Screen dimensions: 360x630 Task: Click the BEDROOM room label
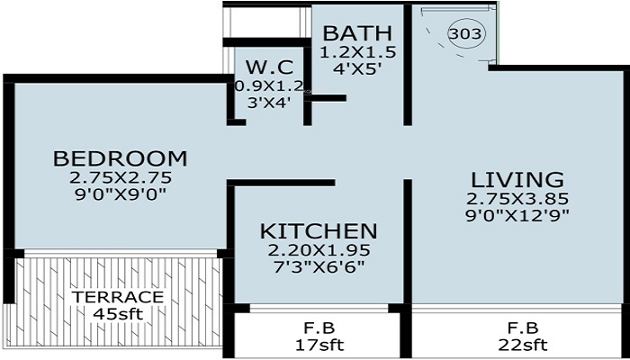121,159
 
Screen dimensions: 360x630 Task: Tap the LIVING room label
516,178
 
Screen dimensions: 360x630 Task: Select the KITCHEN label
319,230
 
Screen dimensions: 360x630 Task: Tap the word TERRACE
118,297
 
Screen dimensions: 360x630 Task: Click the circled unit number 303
465,34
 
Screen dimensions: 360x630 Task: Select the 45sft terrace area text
118,313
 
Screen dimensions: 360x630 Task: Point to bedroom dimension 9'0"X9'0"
120,193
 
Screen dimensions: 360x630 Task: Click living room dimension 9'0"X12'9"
517,214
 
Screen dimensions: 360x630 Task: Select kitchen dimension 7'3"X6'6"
319,266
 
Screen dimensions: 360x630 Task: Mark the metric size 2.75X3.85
516,197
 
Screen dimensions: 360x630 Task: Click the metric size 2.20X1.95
319,249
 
